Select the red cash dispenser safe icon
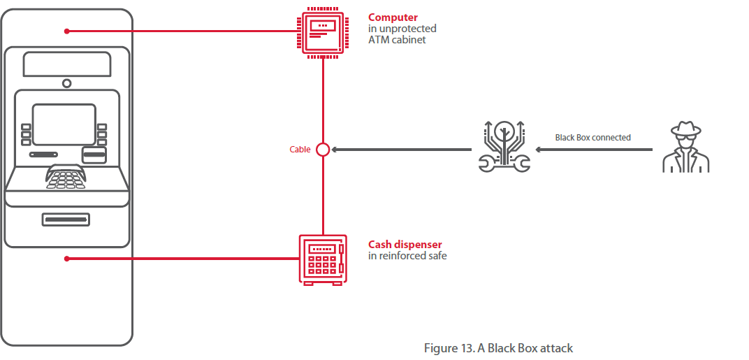pos(322,259)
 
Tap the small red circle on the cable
pos(323,149)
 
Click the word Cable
pos(300,150)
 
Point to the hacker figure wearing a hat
pos(685,147)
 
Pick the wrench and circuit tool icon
pos(504,147)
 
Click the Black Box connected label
pos(592,138)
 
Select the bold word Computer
pos(393,17)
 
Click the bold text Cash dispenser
pos(405,245)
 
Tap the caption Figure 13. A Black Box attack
pos(498,347)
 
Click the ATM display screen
pos(64,124)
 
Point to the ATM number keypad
pos(66,178)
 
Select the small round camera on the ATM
pos(66,83)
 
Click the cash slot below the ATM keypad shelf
pos(66,219)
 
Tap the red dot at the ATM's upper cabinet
pos(66,31)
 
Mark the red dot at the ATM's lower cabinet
pos(66,259)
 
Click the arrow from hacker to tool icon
pos(594,149)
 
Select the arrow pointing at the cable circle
pos(402,149)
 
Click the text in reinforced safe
pos(407,256)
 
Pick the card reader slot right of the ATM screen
pos(94,154)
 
